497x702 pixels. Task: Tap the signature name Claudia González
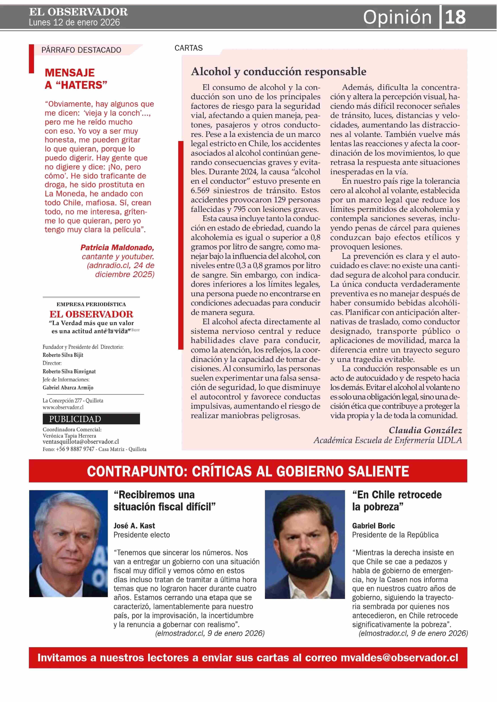pos(425,430)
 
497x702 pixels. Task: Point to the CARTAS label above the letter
pos(189,48)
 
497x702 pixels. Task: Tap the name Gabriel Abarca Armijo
pos(68,388)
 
